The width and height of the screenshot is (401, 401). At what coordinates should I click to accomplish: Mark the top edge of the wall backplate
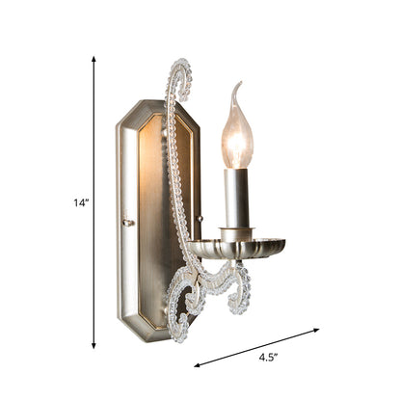[159, 101]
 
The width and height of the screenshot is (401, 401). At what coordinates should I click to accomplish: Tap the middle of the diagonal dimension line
[257, 348]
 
